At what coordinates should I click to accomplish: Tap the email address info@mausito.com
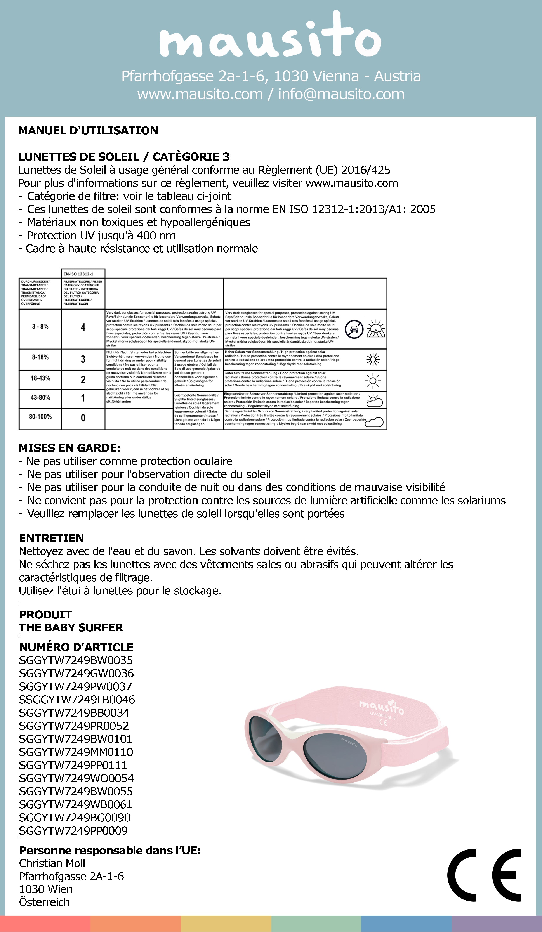coord(341,94)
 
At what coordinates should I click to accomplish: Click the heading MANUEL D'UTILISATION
coord(88,131)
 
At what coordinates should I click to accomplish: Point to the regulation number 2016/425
coord(366,170)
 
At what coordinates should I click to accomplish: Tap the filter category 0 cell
coord(83,418)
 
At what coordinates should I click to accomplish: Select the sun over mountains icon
coord(375,329)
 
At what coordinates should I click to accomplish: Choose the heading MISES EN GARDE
coord(69,448)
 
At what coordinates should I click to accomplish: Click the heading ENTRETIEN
coord(51,538)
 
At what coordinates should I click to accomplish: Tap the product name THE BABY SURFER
coord(71,628)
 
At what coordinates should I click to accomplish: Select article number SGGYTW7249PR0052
coord(74,726)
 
